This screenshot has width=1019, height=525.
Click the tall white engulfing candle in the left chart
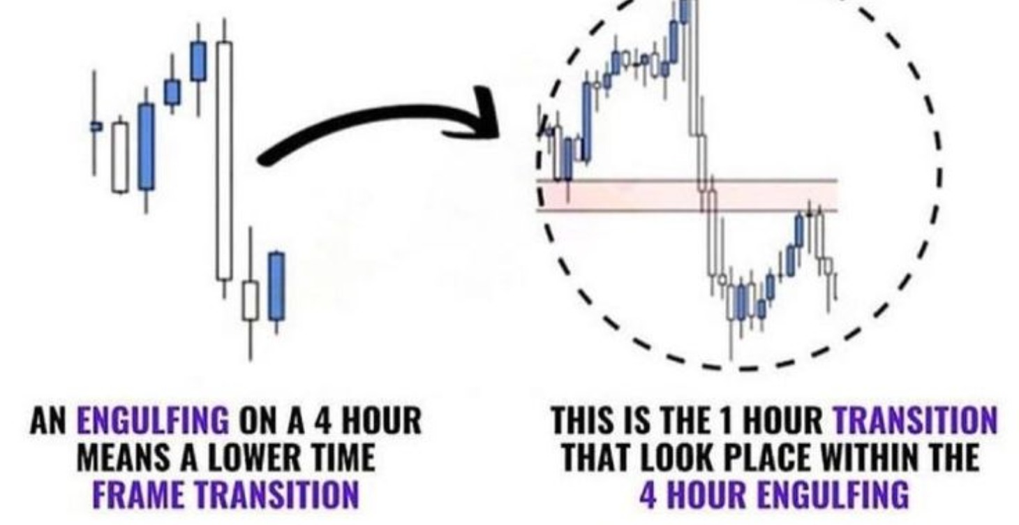[x=224, y=161]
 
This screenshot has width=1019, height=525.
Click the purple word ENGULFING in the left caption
[x=153, y=422]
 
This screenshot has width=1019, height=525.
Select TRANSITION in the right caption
[x=916, y=422]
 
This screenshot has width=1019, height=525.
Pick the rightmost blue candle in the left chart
[x=276, y=286]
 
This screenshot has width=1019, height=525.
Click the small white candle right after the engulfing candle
[x=250, y=300]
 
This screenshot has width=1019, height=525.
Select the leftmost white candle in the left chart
[x=120, y=157]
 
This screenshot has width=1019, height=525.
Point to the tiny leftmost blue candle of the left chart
[x=96, y=126]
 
